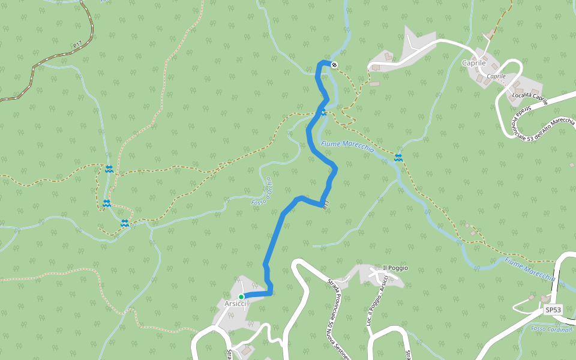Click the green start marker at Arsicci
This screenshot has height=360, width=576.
(241, 296)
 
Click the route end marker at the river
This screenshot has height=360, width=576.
(334, 65)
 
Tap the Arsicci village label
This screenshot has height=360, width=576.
(235, 304)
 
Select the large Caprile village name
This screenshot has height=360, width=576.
(473, 63)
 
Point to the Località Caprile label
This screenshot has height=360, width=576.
(530, 98)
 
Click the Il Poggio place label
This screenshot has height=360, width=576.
(395, 268)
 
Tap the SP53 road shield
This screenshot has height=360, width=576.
(553, 310)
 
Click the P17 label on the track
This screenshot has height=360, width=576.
(77, 45)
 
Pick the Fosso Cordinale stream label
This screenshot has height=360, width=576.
(552, 329)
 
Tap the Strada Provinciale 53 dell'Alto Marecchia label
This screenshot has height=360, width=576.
(543, 122)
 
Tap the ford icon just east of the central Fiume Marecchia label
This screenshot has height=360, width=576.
(398, 157)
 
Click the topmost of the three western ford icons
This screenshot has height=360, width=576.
(109, 169)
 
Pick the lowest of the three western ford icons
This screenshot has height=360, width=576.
(125, 223)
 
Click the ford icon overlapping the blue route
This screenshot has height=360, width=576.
(323, 112)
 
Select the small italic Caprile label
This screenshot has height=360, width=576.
(496, 76)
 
